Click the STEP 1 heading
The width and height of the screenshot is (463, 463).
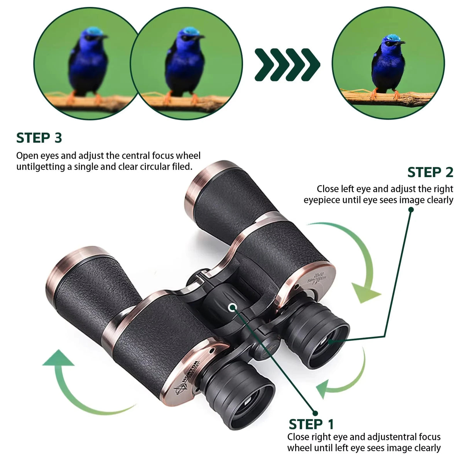(x=311, y=424)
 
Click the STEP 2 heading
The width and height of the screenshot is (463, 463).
(x=430, y=172)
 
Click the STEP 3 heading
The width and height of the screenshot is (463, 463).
(x=39, y=138)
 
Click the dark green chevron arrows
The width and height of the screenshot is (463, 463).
(x=287, y=64)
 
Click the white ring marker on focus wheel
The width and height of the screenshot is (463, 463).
(x=233, y=307)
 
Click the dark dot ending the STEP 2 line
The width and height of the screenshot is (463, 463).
(x=411, y=210)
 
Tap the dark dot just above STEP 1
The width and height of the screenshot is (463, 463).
(x=315, y=413)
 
